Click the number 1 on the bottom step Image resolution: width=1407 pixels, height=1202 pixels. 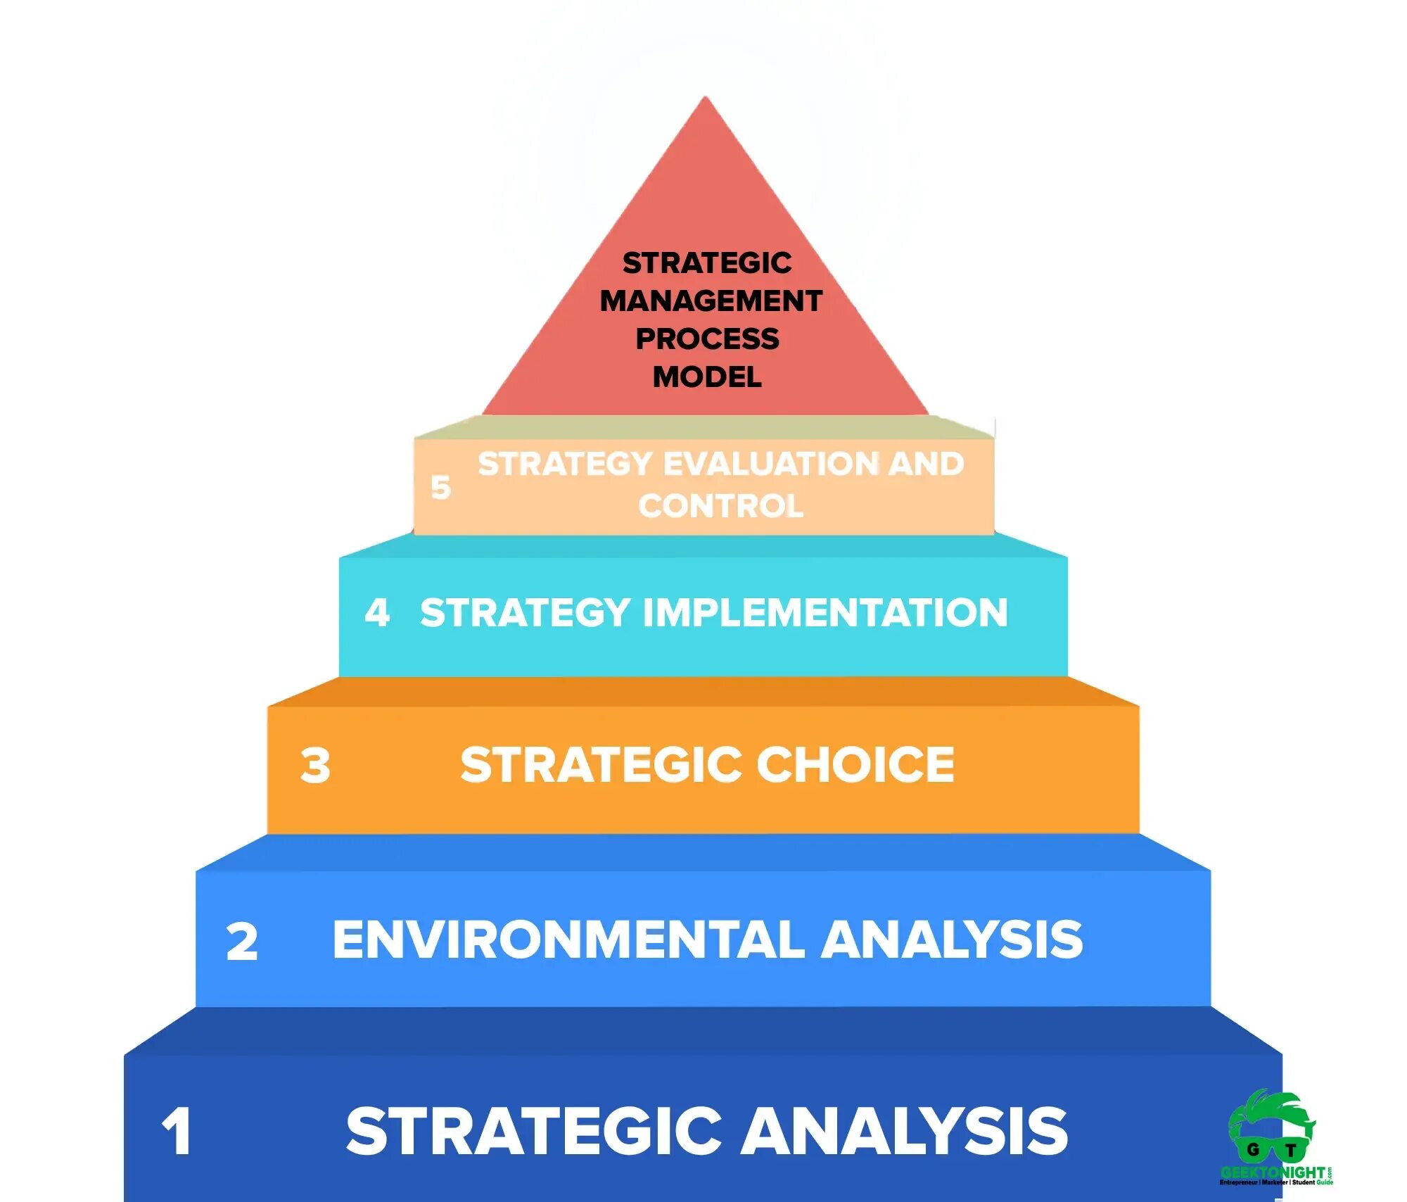coord(177,1132)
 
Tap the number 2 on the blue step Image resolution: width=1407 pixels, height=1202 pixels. coord(242,942)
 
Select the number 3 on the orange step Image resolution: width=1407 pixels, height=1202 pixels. coord(315,766)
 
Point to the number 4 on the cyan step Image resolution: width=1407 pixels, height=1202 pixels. coord(377,612)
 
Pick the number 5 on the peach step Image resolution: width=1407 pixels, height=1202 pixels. coord(441,487)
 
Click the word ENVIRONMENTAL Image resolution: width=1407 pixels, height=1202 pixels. coord(568,940)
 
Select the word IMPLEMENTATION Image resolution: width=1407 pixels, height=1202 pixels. coord(826,612)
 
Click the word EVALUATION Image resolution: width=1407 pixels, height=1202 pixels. coord(771,464)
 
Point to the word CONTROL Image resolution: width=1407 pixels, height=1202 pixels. coord(721,506)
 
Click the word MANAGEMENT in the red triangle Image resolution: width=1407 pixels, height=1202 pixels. coord(711,301)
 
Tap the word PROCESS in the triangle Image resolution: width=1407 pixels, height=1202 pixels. coord(708,339)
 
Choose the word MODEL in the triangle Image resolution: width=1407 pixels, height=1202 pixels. coord(707,377)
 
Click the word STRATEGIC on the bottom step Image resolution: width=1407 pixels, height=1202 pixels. coord(534,1131)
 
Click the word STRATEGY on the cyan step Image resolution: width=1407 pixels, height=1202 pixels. coord(525,612)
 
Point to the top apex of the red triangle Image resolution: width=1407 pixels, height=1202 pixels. coord(705,99)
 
